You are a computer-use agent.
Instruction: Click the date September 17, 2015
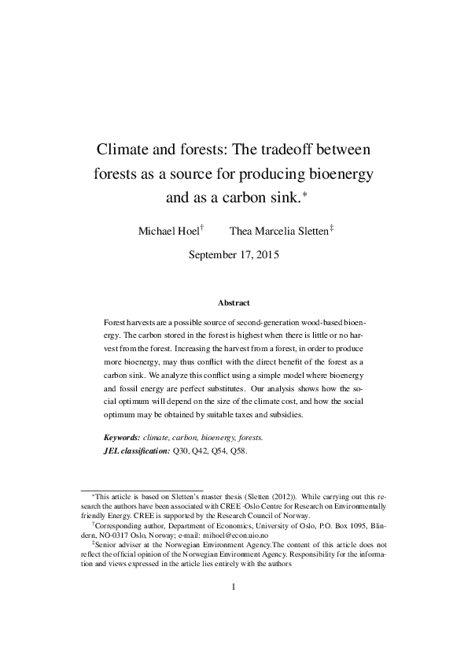point(234,254)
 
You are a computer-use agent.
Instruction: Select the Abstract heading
point(234,302)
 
